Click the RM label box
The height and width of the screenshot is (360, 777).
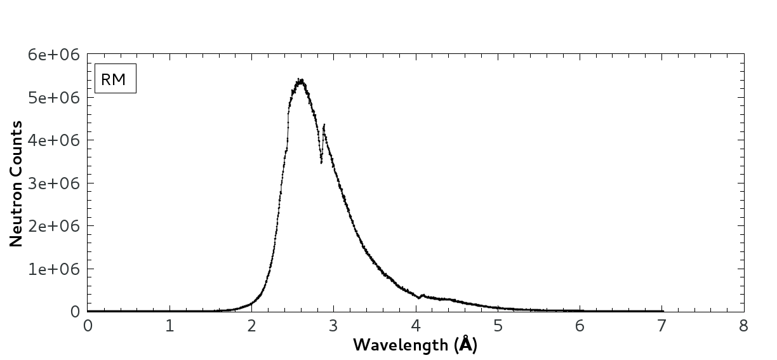tap(116, 79)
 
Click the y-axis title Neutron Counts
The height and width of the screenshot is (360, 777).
tap(17, 183)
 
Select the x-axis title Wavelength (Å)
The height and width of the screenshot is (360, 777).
tap(415, 345)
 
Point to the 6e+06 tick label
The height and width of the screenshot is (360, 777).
tap(53, 55)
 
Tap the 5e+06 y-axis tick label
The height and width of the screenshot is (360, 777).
tap(53, 98)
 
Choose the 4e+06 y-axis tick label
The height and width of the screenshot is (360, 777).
tap(53, 140)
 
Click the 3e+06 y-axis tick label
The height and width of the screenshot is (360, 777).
tap(53, 183)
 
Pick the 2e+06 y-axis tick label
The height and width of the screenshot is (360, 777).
tap(53, 226)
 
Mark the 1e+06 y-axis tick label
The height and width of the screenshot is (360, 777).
tap(53, 269)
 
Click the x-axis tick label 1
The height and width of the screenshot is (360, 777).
tap(169, 326)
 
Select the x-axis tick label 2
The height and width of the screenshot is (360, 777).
tap(251, 326)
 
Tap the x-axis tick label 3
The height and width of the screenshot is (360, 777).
tap(333, 326)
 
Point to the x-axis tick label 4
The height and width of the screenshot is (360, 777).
tap(416, 326)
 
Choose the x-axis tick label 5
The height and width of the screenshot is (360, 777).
tap(498, 326)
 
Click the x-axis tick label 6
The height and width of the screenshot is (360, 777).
tap(580, 326)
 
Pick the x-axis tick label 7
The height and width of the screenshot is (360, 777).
tap(661, 326)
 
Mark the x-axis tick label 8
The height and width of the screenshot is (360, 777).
tap(743, 326)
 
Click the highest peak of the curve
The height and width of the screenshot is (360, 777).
tap(300, 81)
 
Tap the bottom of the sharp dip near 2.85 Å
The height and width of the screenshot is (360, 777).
tap(321, 163)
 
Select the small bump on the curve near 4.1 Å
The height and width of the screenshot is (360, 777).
tap(423, 295)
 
